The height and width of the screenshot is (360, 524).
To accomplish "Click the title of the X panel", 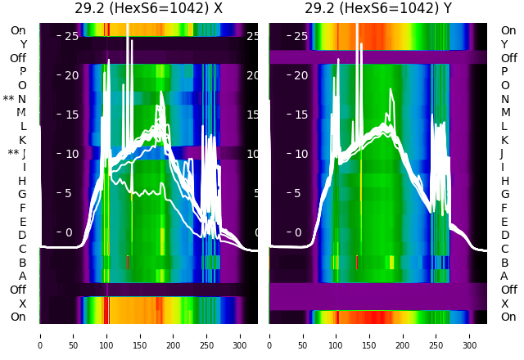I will tap(149, 9).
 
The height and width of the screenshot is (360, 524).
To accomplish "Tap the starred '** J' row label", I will tap(17, 153).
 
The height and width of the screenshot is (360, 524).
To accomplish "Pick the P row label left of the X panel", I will tap(23, 72).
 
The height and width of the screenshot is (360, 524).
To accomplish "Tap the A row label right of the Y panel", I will tap(504, 276).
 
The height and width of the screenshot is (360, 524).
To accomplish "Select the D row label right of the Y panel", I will tap(504, 235).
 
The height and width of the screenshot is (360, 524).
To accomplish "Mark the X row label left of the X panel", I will tap(23, 303).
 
